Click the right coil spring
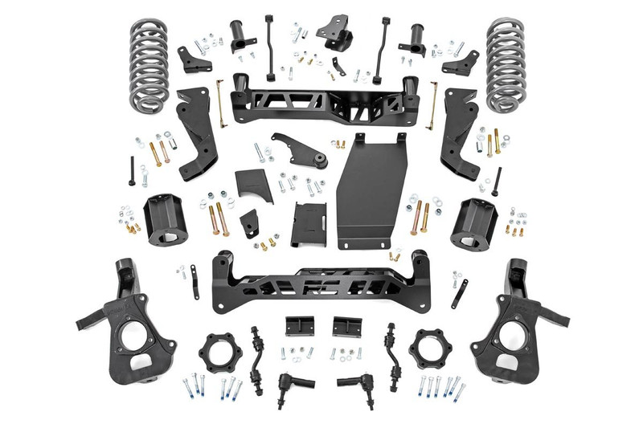click(510, 64)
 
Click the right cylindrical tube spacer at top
click(417, 37)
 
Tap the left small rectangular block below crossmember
click(296, 329)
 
